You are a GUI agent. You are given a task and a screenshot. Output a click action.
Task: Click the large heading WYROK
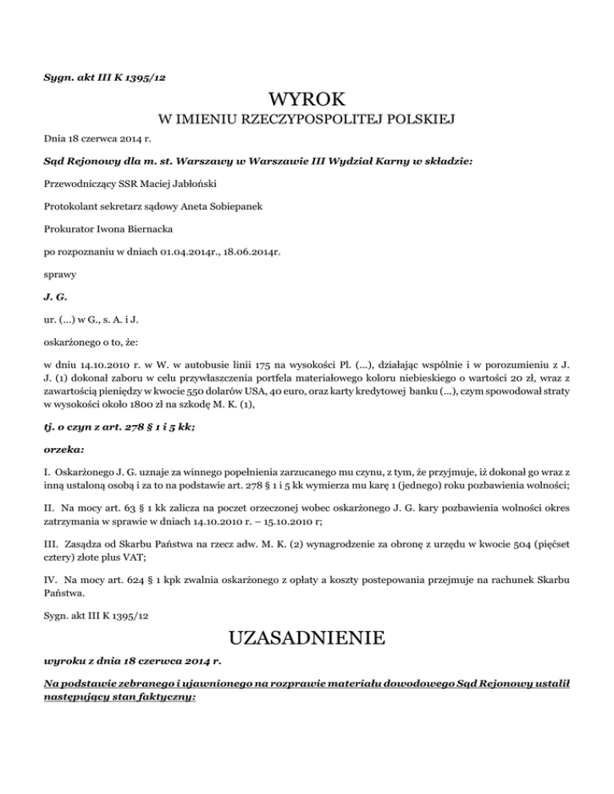307,100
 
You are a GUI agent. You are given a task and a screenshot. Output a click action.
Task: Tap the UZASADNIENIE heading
307,639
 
